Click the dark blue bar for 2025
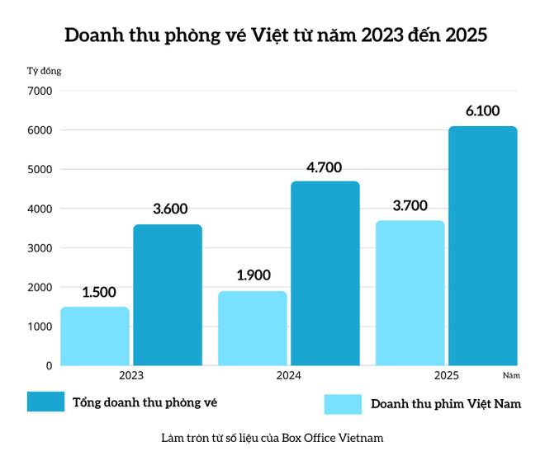[483, 246]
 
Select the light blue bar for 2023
[95, 336]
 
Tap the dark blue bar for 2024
[325, 273]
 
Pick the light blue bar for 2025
[410, 293]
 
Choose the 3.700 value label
[410, 206]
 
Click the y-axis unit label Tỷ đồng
[45, 71]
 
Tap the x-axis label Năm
[510, 376]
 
